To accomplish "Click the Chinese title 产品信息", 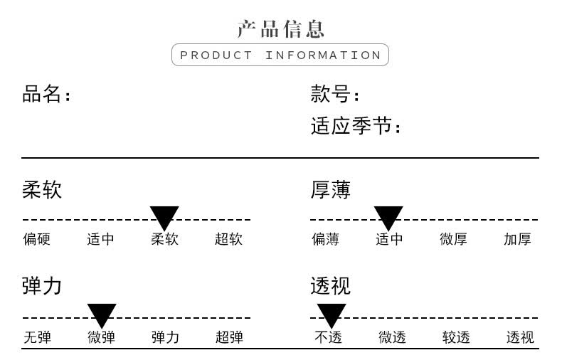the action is coord(280,29).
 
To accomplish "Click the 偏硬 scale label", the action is coord(36,239).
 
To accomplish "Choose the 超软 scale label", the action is coord(228,239).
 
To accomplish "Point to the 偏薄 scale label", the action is coord(325,239).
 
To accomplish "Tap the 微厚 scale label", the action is coord(453,239).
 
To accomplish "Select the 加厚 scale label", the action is coord(518,239).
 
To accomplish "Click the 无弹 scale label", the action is coord(37,337).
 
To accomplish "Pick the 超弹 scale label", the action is coord(229,337).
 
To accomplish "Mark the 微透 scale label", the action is coord(393,337).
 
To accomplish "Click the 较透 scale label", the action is coord(456,337).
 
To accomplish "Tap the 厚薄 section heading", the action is coord(331,190).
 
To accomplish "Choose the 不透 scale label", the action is coord(329,337).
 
